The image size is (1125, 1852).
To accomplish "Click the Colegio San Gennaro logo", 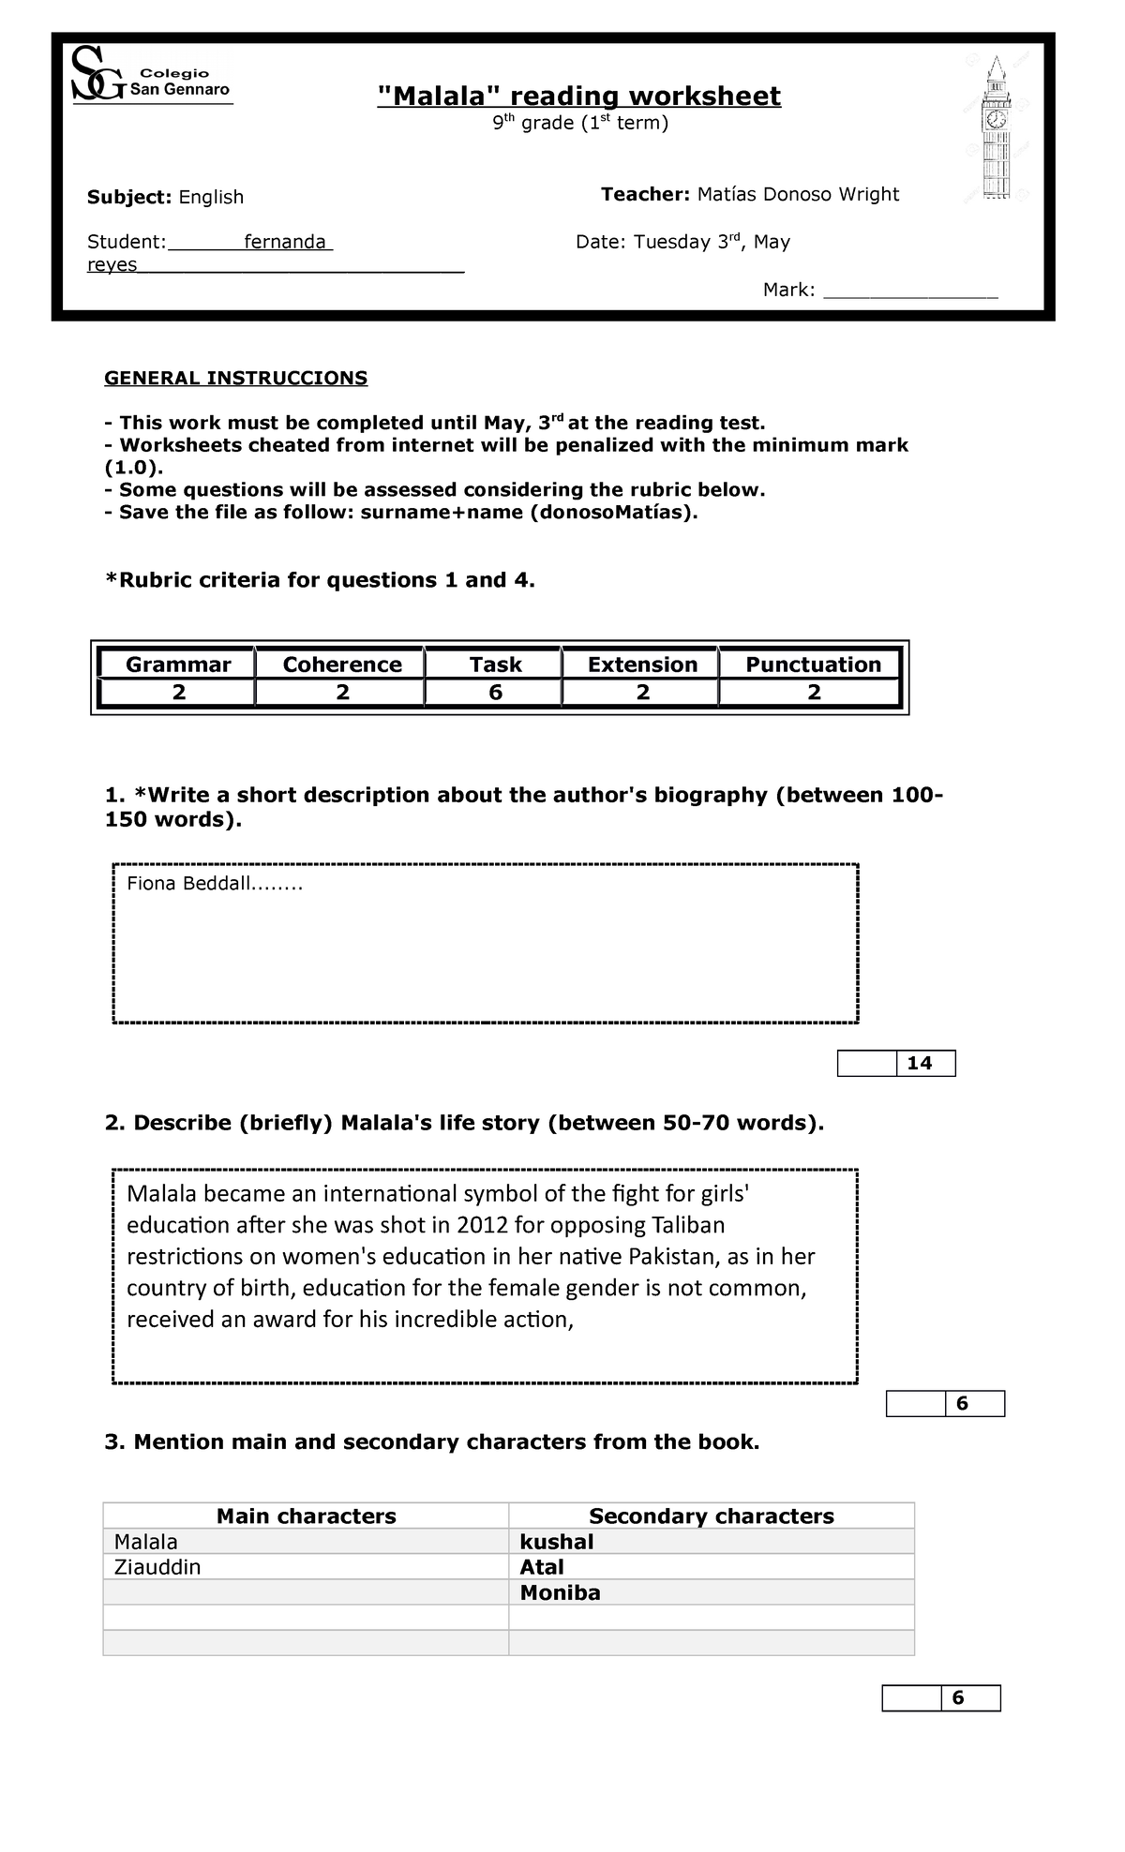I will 150,78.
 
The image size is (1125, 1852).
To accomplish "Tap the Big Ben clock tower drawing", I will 996,129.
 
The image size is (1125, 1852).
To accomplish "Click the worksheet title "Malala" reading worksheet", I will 578,96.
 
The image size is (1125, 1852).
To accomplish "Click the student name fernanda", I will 284,242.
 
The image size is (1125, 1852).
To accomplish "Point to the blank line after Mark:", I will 909,291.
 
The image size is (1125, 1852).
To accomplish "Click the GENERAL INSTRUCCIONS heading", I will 235,378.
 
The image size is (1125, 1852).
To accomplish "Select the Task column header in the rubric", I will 495,665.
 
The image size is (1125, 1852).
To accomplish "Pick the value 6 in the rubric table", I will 495,693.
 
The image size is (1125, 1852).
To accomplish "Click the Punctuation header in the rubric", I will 813,665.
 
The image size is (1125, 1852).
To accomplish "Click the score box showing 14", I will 920,1063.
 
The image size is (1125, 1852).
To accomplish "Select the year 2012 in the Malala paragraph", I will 478,1225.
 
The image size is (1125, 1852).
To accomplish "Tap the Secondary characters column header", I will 711,1516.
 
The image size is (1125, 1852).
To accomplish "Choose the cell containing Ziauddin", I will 157,1567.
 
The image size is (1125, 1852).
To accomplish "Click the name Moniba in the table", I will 560,1592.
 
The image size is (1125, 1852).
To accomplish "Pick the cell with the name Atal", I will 542,1567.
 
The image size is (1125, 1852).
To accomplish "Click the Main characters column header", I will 306,1516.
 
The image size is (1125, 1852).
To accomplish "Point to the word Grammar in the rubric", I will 178,665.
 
